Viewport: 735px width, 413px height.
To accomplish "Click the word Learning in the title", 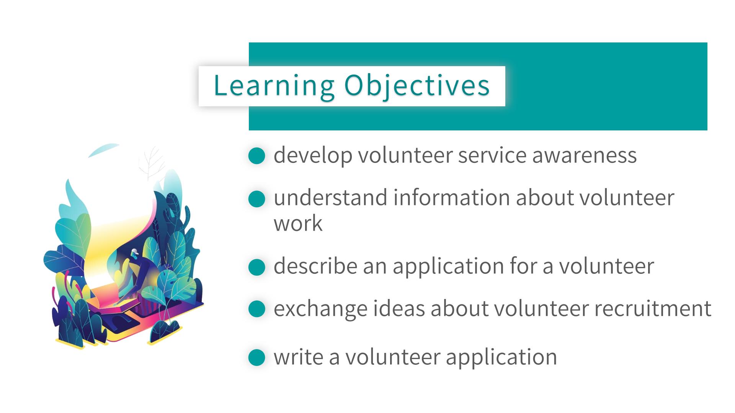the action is pyautogui.click(x=274, y=86).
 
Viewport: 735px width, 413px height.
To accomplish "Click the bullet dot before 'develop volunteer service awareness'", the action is pyautogui.click(x=256, y=156).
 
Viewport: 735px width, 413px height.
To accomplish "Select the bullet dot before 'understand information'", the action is pyautogui.click(x=256, y=199).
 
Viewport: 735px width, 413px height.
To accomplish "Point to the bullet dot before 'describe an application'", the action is pyautogui.click(x=256, y=267).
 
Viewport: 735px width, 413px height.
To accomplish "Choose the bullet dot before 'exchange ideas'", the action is pyautogui.click(x=256, y=309).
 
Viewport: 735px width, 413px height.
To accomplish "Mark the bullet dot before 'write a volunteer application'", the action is pyautogui.click(x=256, y=358).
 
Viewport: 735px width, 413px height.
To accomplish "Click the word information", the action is pyautogui.click(x=451, y=198).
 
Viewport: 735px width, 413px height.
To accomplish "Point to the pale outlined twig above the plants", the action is pyautogui.click(x=152, y=164).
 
